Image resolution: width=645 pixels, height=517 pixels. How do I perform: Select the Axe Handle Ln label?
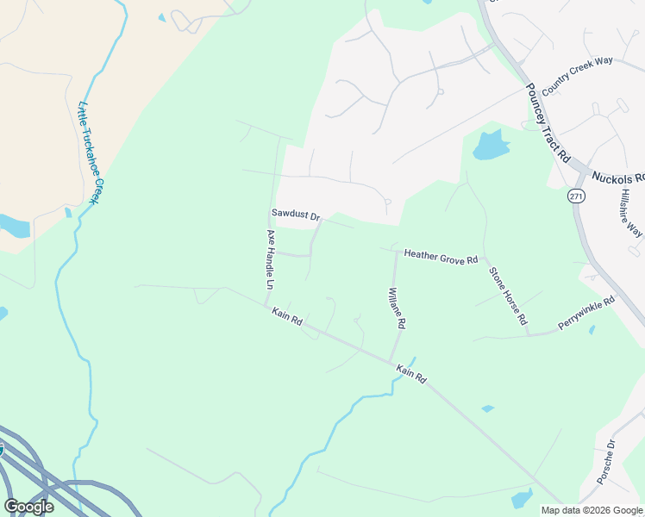(270, 258)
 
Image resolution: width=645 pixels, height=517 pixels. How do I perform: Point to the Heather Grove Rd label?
(441, 258)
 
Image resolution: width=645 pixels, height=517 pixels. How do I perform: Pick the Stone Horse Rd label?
(508, 296)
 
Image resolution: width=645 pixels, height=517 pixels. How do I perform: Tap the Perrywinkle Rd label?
(586, 315)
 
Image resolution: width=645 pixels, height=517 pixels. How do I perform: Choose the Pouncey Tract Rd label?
(548, 121)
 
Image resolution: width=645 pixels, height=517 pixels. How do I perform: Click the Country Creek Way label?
(577, 72)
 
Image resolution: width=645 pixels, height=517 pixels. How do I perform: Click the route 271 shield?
(577, 196)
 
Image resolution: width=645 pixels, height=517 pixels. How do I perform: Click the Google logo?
(28, 507)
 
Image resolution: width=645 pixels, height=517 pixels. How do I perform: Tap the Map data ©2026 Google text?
(592, 510)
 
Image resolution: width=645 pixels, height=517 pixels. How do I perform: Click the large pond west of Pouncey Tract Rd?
(489, 146)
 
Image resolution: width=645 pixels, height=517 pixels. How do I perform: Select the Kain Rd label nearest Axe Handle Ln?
(286, 316)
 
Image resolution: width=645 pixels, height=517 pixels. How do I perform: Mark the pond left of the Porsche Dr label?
(522, 498)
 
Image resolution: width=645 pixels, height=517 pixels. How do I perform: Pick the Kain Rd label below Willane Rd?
(411, 373)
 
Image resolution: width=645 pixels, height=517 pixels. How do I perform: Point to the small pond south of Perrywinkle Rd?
(591, 329)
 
